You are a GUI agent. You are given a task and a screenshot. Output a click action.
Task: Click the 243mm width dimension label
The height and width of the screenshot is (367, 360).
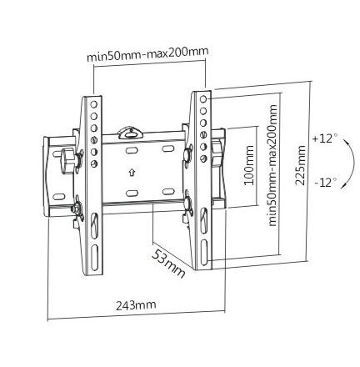[136, 305]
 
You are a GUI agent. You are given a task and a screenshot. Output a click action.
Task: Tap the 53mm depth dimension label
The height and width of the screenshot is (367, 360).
[168, 264]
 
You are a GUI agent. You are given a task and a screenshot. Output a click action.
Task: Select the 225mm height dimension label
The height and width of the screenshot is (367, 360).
[301, 165]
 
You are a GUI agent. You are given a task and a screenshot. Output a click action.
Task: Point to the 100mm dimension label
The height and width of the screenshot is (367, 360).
[249, 165]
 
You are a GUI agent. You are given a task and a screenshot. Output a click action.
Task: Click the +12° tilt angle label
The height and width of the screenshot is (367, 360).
[325, 138]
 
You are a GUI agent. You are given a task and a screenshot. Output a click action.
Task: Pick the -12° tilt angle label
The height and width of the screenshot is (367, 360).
[326, 183]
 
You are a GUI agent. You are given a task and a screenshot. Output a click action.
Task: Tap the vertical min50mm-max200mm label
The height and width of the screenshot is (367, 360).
[272, 165]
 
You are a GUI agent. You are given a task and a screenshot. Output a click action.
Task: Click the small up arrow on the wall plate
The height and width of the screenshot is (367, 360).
[131, 173]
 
